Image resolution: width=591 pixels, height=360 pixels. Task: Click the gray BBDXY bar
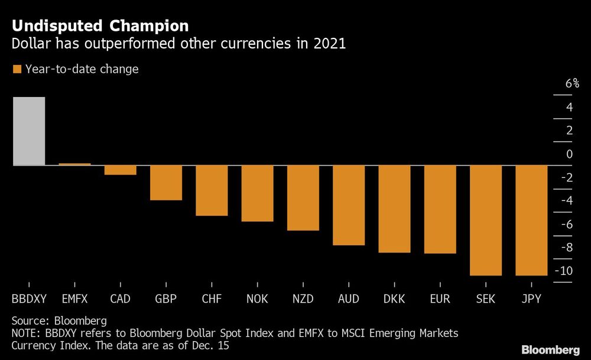(28, 131)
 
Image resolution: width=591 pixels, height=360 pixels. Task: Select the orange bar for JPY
(531, 220)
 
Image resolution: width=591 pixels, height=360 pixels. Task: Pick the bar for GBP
(165, 183)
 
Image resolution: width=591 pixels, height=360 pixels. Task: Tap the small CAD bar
(120, 170)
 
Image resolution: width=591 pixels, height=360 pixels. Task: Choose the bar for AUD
(349, 205)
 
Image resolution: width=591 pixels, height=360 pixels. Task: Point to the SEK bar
(486, 220)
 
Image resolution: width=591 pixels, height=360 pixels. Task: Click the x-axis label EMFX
(74, 299)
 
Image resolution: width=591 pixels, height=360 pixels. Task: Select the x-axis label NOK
(257, 299)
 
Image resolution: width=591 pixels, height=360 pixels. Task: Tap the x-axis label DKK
(394, 299)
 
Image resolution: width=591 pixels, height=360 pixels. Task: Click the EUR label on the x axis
(440, 299)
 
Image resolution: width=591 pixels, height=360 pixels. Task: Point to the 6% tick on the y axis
(571, 84)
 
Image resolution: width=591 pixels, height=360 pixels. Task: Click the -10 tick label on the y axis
(564, 271)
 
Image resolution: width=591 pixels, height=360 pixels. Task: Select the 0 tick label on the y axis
(569, 154)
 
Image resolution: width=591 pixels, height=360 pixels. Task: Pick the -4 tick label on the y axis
(566, 201)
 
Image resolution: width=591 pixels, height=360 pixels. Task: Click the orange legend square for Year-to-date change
(17, 70)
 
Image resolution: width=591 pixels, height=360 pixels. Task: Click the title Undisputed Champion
(100, 26)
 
